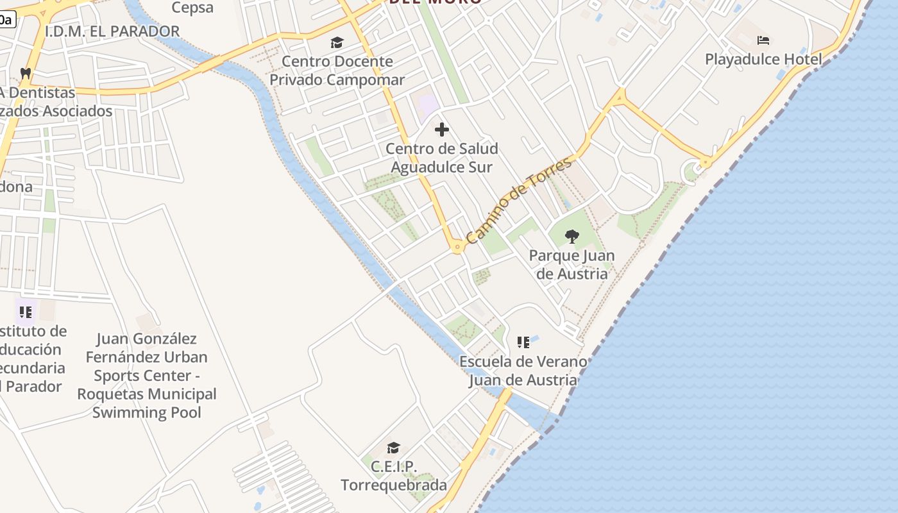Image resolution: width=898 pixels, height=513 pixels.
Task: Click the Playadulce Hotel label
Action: pyautogui.click(x=763, y=60)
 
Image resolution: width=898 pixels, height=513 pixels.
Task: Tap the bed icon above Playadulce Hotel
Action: pyautogui.click(x=763, y=40)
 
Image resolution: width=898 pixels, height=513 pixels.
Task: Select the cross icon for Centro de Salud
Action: pyautogui.click(x=442, y=130)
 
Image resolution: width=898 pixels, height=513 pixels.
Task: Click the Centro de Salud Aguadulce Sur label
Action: pyautogui.click(x=442, y=158)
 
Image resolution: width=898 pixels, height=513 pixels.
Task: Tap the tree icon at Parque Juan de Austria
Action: pyautogui.click(x=572, y=237)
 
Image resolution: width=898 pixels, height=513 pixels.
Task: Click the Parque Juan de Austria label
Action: pyautogui.click(x=572, y=264)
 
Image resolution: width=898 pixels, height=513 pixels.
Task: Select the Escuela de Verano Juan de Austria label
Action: pyautogui.click(x=523, y=371)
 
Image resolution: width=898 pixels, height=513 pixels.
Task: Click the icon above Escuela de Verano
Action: pyautogui.click(x=523, y=342)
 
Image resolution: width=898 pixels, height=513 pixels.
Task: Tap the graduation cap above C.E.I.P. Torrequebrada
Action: pyautogui.click(x=393, y=447)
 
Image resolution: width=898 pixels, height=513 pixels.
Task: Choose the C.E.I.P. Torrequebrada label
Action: pyautogui.click(x=393, y=475)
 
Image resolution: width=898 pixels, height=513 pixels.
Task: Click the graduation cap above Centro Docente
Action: pyautogui.click(x=337, y=43)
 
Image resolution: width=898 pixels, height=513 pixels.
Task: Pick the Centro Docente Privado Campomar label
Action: pyautogui.click(x=337, y=71)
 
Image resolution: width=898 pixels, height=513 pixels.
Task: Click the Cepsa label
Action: pyautogui.click(x=192, y=8)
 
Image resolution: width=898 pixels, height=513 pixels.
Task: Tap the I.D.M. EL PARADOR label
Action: pyautogui.click(x=112, y=31)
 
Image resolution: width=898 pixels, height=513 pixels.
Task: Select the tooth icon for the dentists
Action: pyautogui.click(x=26, y=73)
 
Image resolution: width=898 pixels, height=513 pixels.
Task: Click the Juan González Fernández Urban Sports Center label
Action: pyautogui.click(x=147, y=375)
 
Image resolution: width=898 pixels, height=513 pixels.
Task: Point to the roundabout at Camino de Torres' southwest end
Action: pyautogui.click(x=457, y=246)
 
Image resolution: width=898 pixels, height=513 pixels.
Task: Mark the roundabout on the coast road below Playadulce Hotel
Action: pyautogui.click(x=706, y=163)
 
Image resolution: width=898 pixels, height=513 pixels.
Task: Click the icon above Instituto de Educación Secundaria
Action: pyautogui.click(x=26, y=312)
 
